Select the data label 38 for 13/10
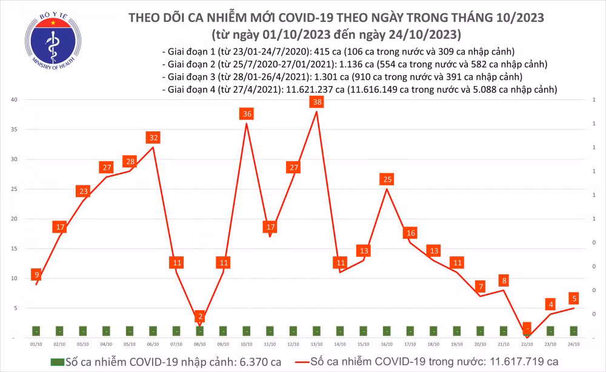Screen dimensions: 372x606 click(x=316, y=102)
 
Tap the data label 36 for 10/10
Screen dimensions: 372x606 click(x=247, y=114)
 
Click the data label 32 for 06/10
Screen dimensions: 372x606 click(x=153, y=138)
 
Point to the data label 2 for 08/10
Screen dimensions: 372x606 click(x=200, y=317)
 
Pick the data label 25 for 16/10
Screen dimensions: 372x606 click(x=387, y=179)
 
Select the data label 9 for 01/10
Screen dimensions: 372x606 click(x=36, y=274)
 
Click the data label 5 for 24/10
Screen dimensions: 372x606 click(x=573, y=298)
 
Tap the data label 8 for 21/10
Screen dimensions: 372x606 click(x=504, y=281)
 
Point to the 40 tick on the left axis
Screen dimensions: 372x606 click(x=13, y=99)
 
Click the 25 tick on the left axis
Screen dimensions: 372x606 click(x=13, y=189)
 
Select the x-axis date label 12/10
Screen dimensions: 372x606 click(x=293, y=344)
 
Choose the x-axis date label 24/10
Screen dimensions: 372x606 click(x=573, y=344)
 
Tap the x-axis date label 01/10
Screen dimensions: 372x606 click(x=36, y=344)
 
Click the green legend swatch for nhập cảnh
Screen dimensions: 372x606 click(x=56, y=362)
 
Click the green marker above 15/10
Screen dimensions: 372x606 click(x=364, y=331)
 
